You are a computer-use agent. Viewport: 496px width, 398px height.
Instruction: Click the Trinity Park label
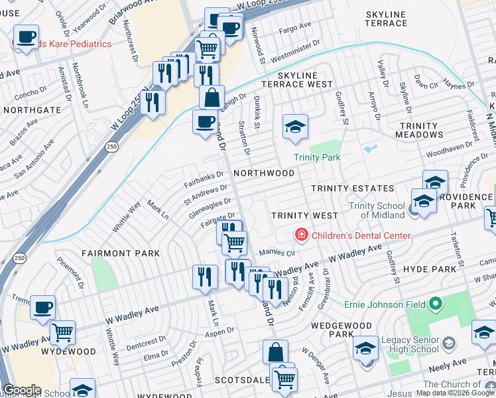[x=318, y=157]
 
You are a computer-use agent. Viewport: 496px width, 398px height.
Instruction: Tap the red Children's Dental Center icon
[x=301, y=235]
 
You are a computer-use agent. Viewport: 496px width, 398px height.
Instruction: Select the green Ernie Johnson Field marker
[x=435, y=304]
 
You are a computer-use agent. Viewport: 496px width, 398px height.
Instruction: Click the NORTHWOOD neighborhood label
[x=264, y=173]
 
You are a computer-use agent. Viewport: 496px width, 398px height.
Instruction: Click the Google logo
[x=21, y=390]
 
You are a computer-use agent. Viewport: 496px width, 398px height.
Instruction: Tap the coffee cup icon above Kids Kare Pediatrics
[x=26, y=36]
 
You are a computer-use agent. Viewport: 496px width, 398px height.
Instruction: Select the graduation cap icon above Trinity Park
[x=295, y=125]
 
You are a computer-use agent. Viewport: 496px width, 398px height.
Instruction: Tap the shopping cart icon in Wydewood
[x=62, y=331]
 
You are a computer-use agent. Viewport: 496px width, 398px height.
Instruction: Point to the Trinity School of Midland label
[x=377, y=210]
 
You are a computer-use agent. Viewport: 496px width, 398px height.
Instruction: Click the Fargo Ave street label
[x=295, y=29]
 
